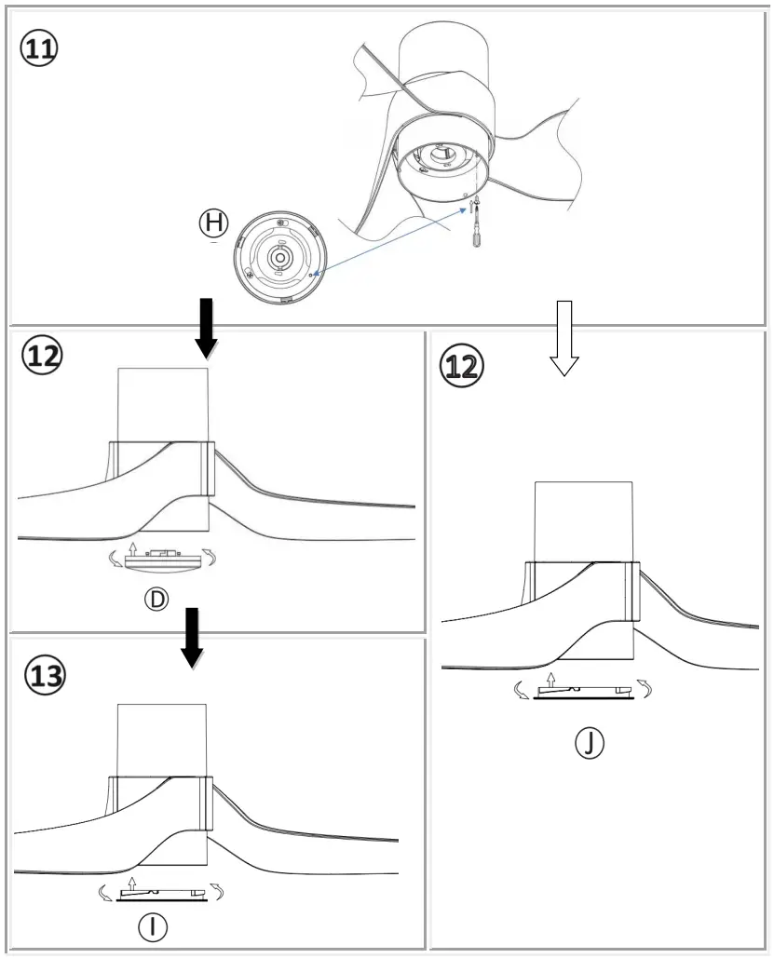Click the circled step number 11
pyautogui.click(x=39, y=49)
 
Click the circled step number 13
pyautogui.click(x=45, y=675)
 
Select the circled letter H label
pyautogui.click(x=213, y=222)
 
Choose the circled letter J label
pyautogui.click(x=589, y=742)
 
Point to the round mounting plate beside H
pyautogui.click(x=278, y=258)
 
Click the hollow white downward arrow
pyautogui.click(x=564, y=337)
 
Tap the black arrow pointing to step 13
pyautogui.click(x=193, y=638)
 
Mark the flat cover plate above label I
pyautogui.click(x=157, y=896)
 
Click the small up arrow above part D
pyautogui.click(x=133, y=546)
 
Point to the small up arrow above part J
pyautogui.click(x=552, y=679)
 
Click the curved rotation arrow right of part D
pyautogui.click(x=213, y=558)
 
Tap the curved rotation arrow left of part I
pyautogui.click(x=105, y=895)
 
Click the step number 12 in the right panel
pyautogui.click(x=463, y=365)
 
